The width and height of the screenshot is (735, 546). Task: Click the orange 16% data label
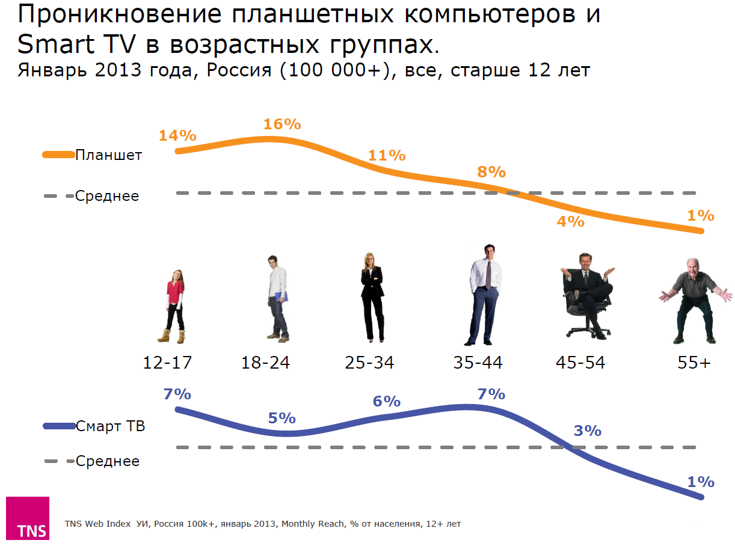click(281, 124)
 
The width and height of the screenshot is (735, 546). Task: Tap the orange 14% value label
click(177, 135)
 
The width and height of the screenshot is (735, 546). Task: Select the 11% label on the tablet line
click(387, 155)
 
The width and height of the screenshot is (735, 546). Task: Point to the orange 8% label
click(491, 172)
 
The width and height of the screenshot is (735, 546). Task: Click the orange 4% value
click(570, 221)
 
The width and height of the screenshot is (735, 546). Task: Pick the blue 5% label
click(281, 418)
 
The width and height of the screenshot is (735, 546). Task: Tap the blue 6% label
click(386, 401)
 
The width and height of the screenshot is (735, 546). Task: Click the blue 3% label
click(587, 431)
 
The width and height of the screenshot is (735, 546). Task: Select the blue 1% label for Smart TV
click(700, 482)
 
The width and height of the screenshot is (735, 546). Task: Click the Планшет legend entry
click(108, 155)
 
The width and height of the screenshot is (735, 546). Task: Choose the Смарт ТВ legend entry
click(110, 426)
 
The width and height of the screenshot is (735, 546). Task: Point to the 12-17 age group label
click(167, 363)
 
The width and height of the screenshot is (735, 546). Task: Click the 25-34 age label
click(369, 363)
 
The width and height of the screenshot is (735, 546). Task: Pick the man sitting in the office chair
click(586, 295)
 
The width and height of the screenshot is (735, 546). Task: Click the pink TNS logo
click(28, 518)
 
